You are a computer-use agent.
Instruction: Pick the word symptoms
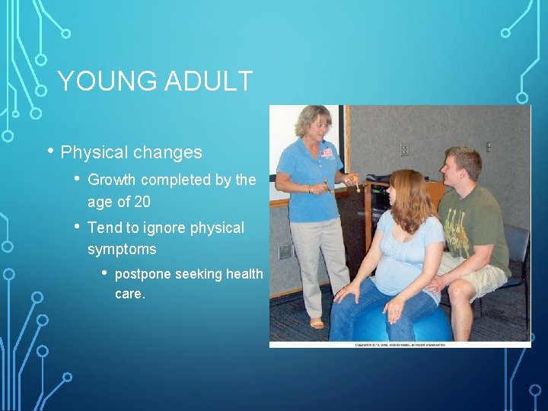tap(122, 250)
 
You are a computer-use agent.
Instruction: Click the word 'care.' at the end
tap(129, 294)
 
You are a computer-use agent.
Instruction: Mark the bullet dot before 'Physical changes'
tap(50, 151)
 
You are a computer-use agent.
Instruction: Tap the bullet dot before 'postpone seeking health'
tap(104, 273)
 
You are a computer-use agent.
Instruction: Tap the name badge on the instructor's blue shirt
tap(327, 152)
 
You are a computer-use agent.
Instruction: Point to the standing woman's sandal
tap(316, 323)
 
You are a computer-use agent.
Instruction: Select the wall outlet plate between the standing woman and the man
tap(404, 150)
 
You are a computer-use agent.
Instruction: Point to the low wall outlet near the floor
tap(284, 251)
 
